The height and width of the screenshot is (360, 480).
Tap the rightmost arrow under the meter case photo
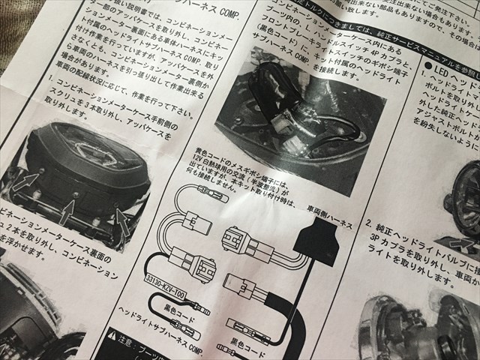(120, 220)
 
